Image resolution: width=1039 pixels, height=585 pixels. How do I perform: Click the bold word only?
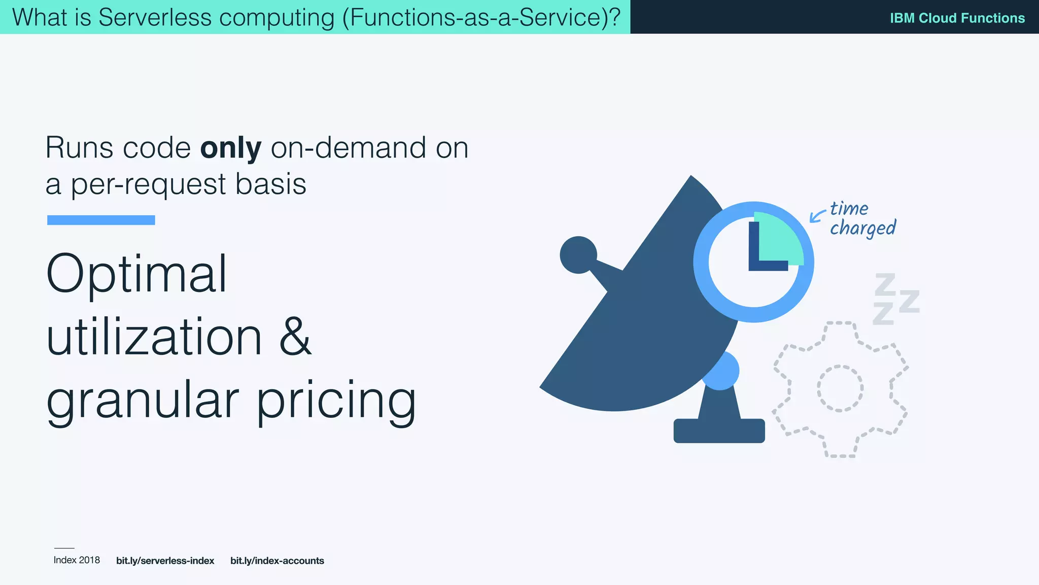(x=231, y=148)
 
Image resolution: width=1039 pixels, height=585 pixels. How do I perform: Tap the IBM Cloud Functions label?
(x=957, y=18)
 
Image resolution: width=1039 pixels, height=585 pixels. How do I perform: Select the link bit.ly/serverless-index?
(x=165, y=561)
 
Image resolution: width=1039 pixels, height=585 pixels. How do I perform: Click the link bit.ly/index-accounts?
(x=277, y=561)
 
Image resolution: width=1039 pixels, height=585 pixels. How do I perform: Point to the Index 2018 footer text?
(x=77, y=560)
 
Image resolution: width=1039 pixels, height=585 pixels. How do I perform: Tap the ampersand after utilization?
(x=295, y=337)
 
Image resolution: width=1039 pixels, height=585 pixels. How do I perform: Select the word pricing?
(x=336, y=401)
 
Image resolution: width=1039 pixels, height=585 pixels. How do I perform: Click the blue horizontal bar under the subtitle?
(x=101, y=220)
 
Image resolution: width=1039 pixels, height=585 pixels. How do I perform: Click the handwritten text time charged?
(x=862, y=219)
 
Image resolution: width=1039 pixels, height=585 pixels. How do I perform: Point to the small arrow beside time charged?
(x=816, y=216)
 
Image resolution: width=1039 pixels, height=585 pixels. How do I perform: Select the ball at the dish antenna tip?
(x=578, y=254)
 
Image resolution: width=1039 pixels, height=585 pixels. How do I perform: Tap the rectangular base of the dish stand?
(x=719, y=431)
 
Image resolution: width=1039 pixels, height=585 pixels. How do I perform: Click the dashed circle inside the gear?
(x=840, y=388)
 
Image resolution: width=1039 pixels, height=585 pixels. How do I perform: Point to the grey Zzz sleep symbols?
(x=895, y=300)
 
